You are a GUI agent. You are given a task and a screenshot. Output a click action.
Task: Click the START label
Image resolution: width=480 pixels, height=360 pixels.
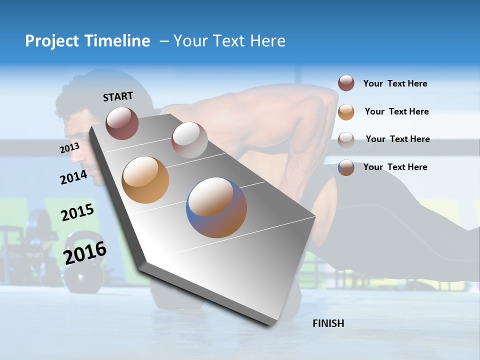point(118,96)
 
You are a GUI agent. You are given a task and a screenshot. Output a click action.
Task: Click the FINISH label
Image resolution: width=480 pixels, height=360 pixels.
point(328,323)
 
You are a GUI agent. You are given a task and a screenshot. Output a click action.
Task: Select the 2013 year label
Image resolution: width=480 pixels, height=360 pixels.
point(69,148)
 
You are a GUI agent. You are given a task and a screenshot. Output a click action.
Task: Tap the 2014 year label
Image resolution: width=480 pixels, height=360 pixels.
point(73,177)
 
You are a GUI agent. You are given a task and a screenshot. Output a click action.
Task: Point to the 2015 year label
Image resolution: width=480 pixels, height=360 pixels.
point(77,212)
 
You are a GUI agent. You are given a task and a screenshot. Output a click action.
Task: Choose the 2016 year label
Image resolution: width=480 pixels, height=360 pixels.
point(85,252)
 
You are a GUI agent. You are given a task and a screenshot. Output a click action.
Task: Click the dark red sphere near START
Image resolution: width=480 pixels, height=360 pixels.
point(122,123)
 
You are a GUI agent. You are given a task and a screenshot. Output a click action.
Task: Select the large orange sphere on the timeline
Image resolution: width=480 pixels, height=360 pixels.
point(145,180)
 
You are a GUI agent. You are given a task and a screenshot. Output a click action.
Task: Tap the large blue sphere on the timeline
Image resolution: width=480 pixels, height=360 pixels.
point(216,207)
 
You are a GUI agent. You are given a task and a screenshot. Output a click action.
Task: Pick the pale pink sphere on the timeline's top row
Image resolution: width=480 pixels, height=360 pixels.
point(189,140)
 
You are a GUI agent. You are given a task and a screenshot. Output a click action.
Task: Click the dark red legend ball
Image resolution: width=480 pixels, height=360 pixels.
point(346,83)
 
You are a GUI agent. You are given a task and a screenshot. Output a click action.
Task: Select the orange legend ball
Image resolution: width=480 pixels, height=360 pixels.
point(346,112)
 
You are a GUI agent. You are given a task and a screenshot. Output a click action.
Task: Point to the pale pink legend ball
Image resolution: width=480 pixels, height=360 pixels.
point(346,139)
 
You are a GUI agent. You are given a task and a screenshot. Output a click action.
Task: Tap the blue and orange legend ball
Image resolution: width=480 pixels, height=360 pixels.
point(346,167)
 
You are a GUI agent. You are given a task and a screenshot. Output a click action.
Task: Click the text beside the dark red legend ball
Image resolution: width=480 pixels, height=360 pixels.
point(395,84)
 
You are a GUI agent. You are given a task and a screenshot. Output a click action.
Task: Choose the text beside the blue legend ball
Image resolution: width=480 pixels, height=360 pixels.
point(395,167)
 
